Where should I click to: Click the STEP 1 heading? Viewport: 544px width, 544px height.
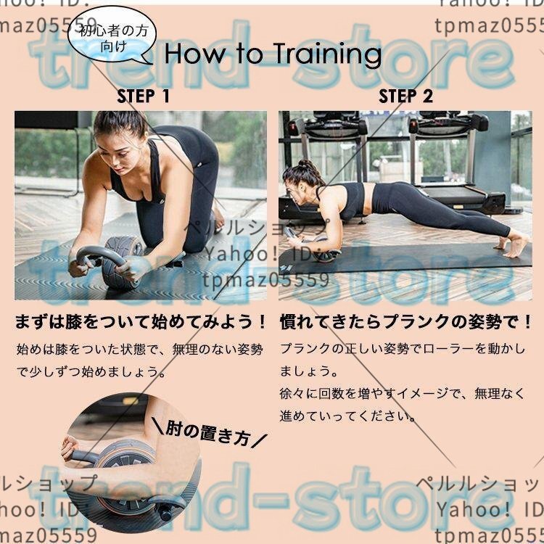(x=144, y=96)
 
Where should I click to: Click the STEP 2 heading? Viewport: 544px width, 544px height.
(x=406, y=96)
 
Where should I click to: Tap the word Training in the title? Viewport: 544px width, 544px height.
(x=328, y=54)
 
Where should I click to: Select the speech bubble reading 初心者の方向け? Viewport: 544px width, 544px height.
(x=112, y=35)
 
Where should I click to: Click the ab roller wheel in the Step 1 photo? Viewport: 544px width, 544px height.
(x=121, y=264)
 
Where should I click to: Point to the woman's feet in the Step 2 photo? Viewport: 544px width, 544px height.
(x=513, y=245)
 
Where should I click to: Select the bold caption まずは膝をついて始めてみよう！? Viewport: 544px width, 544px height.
(x=141, y=321)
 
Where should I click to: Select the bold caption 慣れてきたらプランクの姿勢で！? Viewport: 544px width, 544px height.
(x=405, y=321)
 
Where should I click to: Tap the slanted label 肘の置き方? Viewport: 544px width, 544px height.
(x=210, y=433)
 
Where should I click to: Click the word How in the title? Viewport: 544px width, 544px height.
(x=195, y=54)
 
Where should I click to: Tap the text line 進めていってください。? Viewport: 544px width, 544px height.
(x=347, y=416)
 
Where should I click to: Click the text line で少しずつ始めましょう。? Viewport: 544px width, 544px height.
(x=92, y=371)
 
